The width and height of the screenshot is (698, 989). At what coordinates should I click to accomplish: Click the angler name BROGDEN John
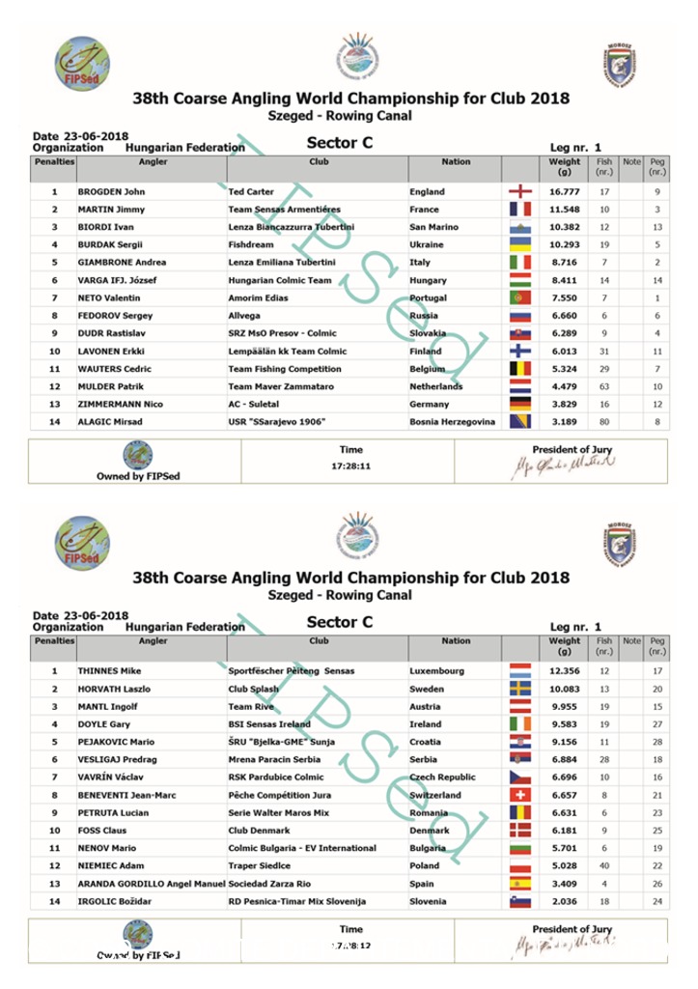(x=111, y=191)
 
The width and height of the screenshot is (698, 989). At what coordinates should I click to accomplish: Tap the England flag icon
(x=519, y=191)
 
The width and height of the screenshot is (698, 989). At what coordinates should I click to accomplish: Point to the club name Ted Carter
(x=251, y=191)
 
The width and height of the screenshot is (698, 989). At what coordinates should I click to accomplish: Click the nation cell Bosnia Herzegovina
(x=452, y=422)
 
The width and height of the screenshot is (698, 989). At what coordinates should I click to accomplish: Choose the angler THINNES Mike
(x=109, y=670)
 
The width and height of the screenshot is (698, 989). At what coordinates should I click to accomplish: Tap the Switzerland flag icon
(x=519, y=795)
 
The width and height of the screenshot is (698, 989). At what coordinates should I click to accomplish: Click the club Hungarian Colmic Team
(x=280, y=280)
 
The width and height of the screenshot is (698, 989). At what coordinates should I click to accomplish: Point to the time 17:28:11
(x=351, y=466)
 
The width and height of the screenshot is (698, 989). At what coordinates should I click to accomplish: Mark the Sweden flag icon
(x=519, y=689)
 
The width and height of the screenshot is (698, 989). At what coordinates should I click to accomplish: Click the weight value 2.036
(x=564, y=901)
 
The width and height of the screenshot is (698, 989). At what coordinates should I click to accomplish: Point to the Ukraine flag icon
(x=519, y=244)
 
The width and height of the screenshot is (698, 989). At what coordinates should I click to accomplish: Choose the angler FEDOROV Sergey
(x=114, y=316)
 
